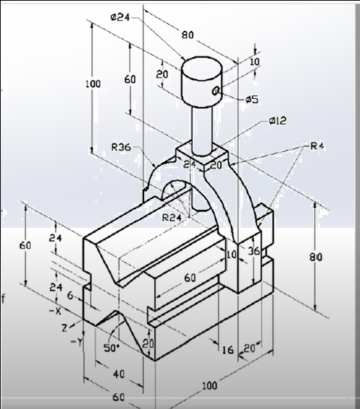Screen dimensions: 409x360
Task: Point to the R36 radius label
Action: click(x=121, y=148)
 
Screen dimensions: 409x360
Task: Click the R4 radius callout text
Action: click(x=318, y=146)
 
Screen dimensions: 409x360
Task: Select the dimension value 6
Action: click(x=69, y=295)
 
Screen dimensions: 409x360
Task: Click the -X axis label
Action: click(x=55, y=312)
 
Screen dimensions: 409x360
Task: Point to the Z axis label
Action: click(x=64, y=327)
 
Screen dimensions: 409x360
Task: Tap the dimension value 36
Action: click(x=252, y=251)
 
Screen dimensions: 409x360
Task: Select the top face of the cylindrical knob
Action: click(x=201, y=67)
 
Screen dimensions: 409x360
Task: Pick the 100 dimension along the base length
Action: click(x=209, y=385)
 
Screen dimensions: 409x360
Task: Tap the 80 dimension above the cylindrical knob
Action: click(x=187, y=34)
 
